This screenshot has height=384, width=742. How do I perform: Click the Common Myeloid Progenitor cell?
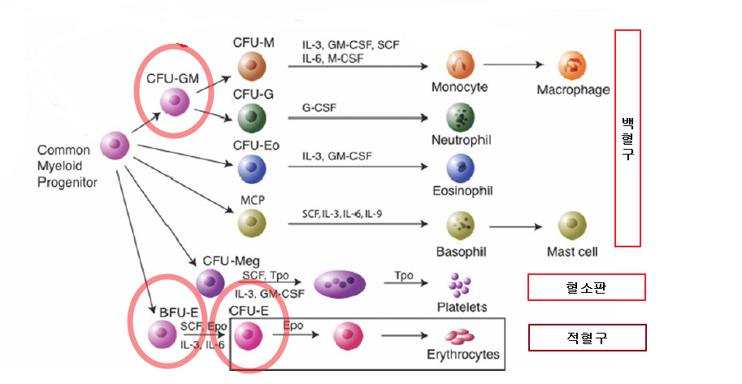coord(115,146)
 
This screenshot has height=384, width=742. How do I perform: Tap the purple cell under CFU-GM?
coord(174,103)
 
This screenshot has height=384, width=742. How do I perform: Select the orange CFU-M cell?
coord(252,65)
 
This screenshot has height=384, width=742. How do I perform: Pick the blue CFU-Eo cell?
coord(252,168)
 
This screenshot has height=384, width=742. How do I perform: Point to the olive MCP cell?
coord(252,221)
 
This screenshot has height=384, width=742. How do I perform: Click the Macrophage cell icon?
coord(572,65)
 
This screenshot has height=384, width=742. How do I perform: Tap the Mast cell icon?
coord(572,224)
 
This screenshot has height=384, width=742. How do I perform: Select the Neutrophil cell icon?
coord(461,118)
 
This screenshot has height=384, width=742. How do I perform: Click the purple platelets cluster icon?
coord(460,283)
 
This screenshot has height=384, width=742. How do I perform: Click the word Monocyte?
coord(460,87)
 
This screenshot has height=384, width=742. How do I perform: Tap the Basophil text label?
coord(461,252)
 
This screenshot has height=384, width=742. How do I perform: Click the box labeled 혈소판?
coord(586,287)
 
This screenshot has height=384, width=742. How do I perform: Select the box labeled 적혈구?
coord(588,338)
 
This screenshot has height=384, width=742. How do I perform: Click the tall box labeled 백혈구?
coord(627,137)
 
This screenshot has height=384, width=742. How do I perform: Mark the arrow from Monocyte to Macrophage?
coord(514,64)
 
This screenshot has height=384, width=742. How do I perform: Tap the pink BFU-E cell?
coord(162,334)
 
